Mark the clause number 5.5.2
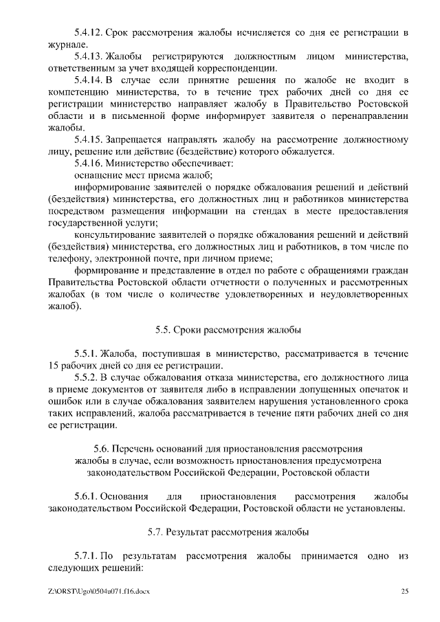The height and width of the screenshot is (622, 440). (86, 377)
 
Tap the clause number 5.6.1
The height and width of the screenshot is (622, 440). (86, 496)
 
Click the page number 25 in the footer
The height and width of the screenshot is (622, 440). (404, 591)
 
